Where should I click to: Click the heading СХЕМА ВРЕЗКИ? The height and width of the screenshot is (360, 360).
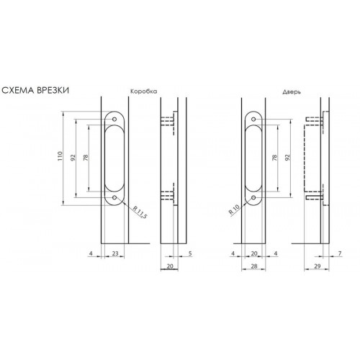(x=35, y=91)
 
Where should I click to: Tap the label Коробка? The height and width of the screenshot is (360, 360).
(x=144, y=91)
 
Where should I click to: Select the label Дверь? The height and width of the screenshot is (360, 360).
(x=292, y=92)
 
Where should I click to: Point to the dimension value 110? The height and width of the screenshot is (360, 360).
(x=60, y=156)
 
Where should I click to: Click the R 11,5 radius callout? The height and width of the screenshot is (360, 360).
(x=140, y=212)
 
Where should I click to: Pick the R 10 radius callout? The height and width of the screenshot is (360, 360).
(x=234, y=210)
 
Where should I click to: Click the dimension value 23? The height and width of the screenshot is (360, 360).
(x=115, y=253)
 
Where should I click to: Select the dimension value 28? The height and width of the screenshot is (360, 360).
(x=254, y=266)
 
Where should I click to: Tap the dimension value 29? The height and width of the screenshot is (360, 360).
(x=318, y=266)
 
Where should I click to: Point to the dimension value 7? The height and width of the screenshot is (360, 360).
(x=339, y=253)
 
